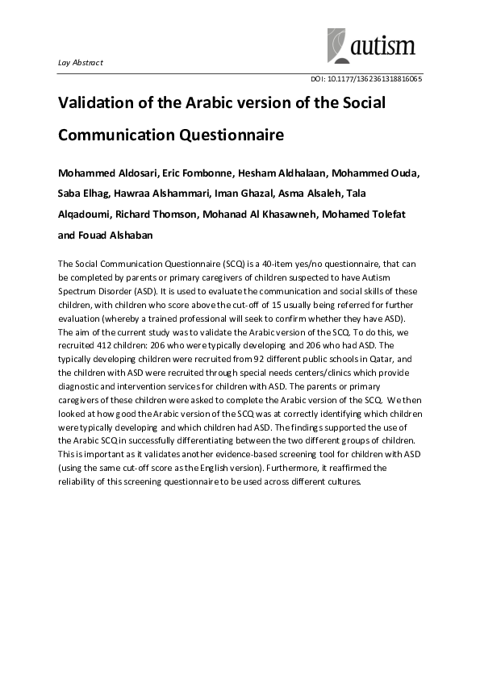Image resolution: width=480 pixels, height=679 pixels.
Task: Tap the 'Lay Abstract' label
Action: (81, 63)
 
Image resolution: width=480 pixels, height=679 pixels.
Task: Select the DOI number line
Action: (366, 79)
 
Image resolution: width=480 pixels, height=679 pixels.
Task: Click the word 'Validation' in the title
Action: (98, 103)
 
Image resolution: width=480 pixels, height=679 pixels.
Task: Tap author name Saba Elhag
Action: (84, 194)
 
